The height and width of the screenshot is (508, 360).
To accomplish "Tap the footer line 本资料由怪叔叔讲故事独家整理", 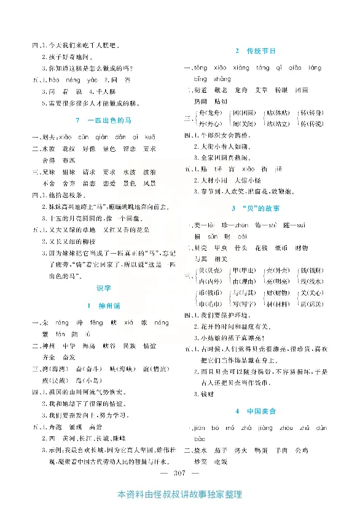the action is [179, 495].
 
